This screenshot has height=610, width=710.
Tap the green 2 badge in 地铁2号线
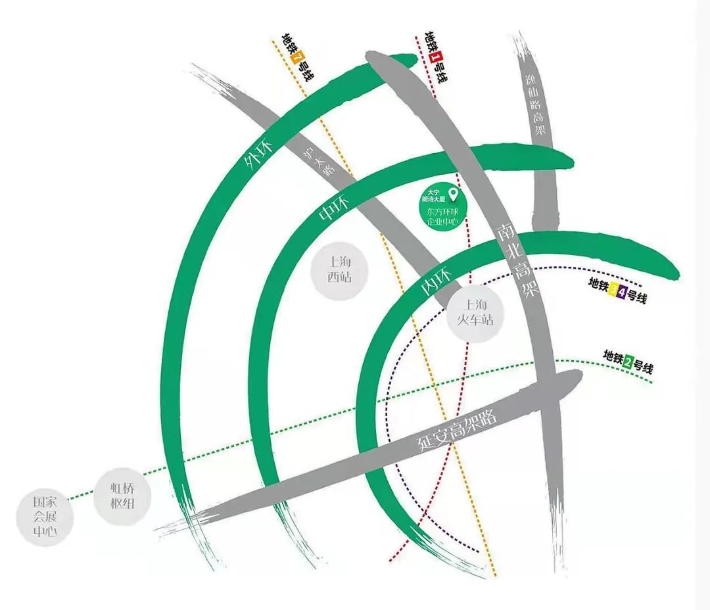click(x=628, y=360)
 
